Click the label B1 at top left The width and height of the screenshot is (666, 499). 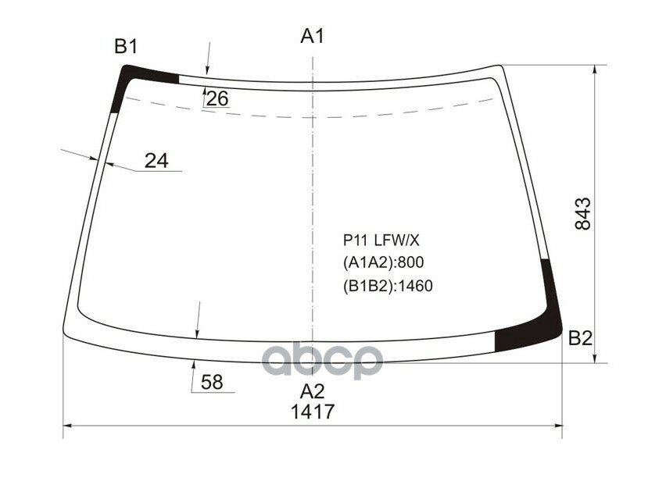(126, 48)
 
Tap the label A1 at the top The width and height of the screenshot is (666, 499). (312, 36)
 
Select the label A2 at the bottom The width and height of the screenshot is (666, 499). (312, 391)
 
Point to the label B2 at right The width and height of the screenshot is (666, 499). (580, 338)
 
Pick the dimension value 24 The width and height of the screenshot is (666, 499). (156, 160)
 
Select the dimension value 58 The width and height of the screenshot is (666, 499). (212, 383)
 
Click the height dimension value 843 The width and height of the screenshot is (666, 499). (583, 214)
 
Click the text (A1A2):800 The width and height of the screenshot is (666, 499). (383, 262)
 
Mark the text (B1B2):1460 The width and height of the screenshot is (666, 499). (388, 286)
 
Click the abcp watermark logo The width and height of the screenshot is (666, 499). (321, 360)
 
